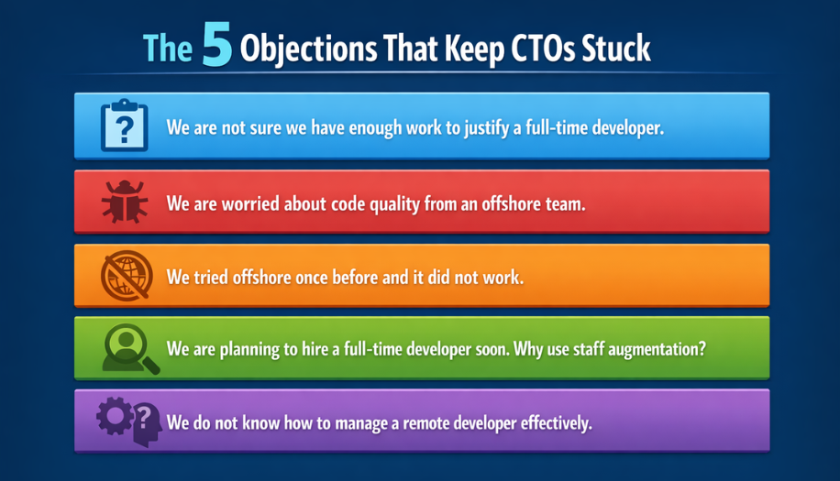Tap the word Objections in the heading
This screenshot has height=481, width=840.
pos(299,49)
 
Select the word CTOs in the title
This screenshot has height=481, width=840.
pos(538,49)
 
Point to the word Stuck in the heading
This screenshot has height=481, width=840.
pos(618,49)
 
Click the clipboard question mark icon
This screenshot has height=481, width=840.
pos(124,126)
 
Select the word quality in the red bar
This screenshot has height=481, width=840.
pos(392,202)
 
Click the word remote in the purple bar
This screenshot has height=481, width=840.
pos(420,423)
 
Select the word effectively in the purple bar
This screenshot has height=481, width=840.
pos(554,423)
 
